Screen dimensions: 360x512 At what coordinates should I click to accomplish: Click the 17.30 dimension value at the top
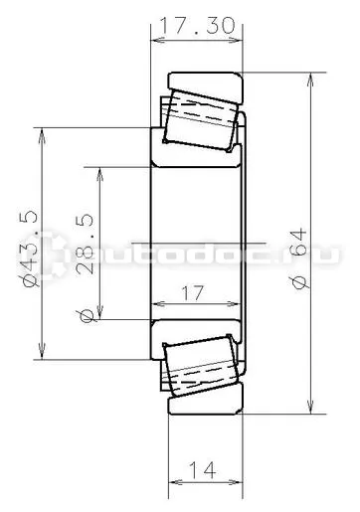(x=198, y=26)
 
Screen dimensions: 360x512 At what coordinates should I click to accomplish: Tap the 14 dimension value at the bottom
(x=202, y=469)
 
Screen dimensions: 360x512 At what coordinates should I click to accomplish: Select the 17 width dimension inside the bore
(x=192, y=293)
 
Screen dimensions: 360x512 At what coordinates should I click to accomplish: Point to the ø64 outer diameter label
(x=298, y=257)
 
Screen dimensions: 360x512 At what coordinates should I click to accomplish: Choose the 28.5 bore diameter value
(x=85, y=245)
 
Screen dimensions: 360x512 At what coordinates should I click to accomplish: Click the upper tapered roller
(x=201, y=120)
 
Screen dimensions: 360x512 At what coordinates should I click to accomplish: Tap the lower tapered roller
(x=201, y=366)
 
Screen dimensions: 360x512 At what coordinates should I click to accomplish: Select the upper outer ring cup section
(x=206, y=86)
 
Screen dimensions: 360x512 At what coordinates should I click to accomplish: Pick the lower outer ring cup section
(x=206, y=399)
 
